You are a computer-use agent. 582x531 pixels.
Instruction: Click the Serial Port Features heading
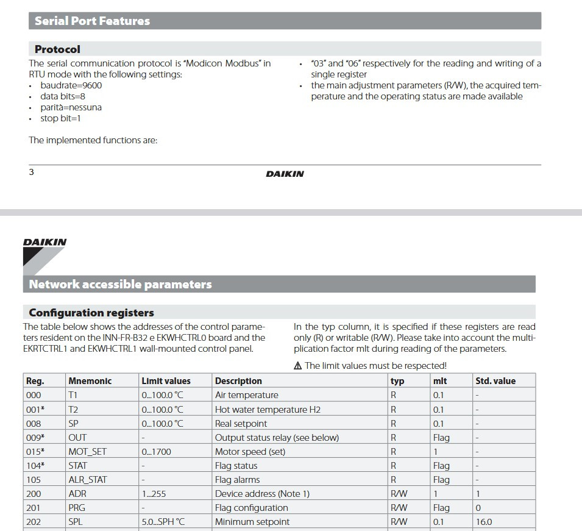(x=92, y=21)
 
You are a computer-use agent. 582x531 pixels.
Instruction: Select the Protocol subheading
(x=57, y=49)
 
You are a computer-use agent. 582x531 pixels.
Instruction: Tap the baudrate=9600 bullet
(x=71, y=85)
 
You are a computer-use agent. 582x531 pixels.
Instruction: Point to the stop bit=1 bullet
(x=60, y=118)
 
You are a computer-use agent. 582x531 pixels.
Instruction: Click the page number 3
(x=32, y=172)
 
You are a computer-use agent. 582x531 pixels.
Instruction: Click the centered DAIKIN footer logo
(x=285, y=174)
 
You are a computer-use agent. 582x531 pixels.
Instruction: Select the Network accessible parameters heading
(x=120, y=284)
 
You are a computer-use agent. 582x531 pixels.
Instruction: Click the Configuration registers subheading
(x=91, y=313)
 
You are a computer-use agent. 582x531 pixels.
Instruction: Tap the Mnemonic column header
(x=90, y=381)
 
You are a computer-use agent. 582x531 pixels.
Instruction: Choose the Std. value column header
(x=495, y=381)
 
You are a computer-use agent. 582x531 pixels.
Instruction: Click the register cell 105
(x=33, y=480)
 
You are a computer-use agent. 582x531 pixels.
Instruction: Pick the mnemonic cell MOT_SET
(x=87, y=452)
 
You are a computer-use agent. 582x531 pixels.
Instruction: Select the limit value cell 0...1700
(x=156, y=452)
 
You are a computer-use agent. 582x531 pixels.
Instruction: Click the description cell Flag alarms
(x=237, y=480)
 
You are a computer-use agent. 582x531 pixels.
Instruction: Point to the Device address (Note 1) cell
(x=262, y=494)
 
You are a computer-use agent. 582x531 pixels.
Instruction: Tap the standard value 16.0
(x=483, y=522)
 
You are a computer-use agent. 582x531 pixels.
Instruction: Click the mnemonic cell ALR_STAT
(x=87, y=480)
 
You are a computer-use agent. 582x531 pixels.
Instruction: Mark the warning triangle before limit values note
(x=297, y=366)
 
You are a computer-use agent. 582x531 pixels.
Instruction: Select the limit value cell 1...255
(x=154, y=494)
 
